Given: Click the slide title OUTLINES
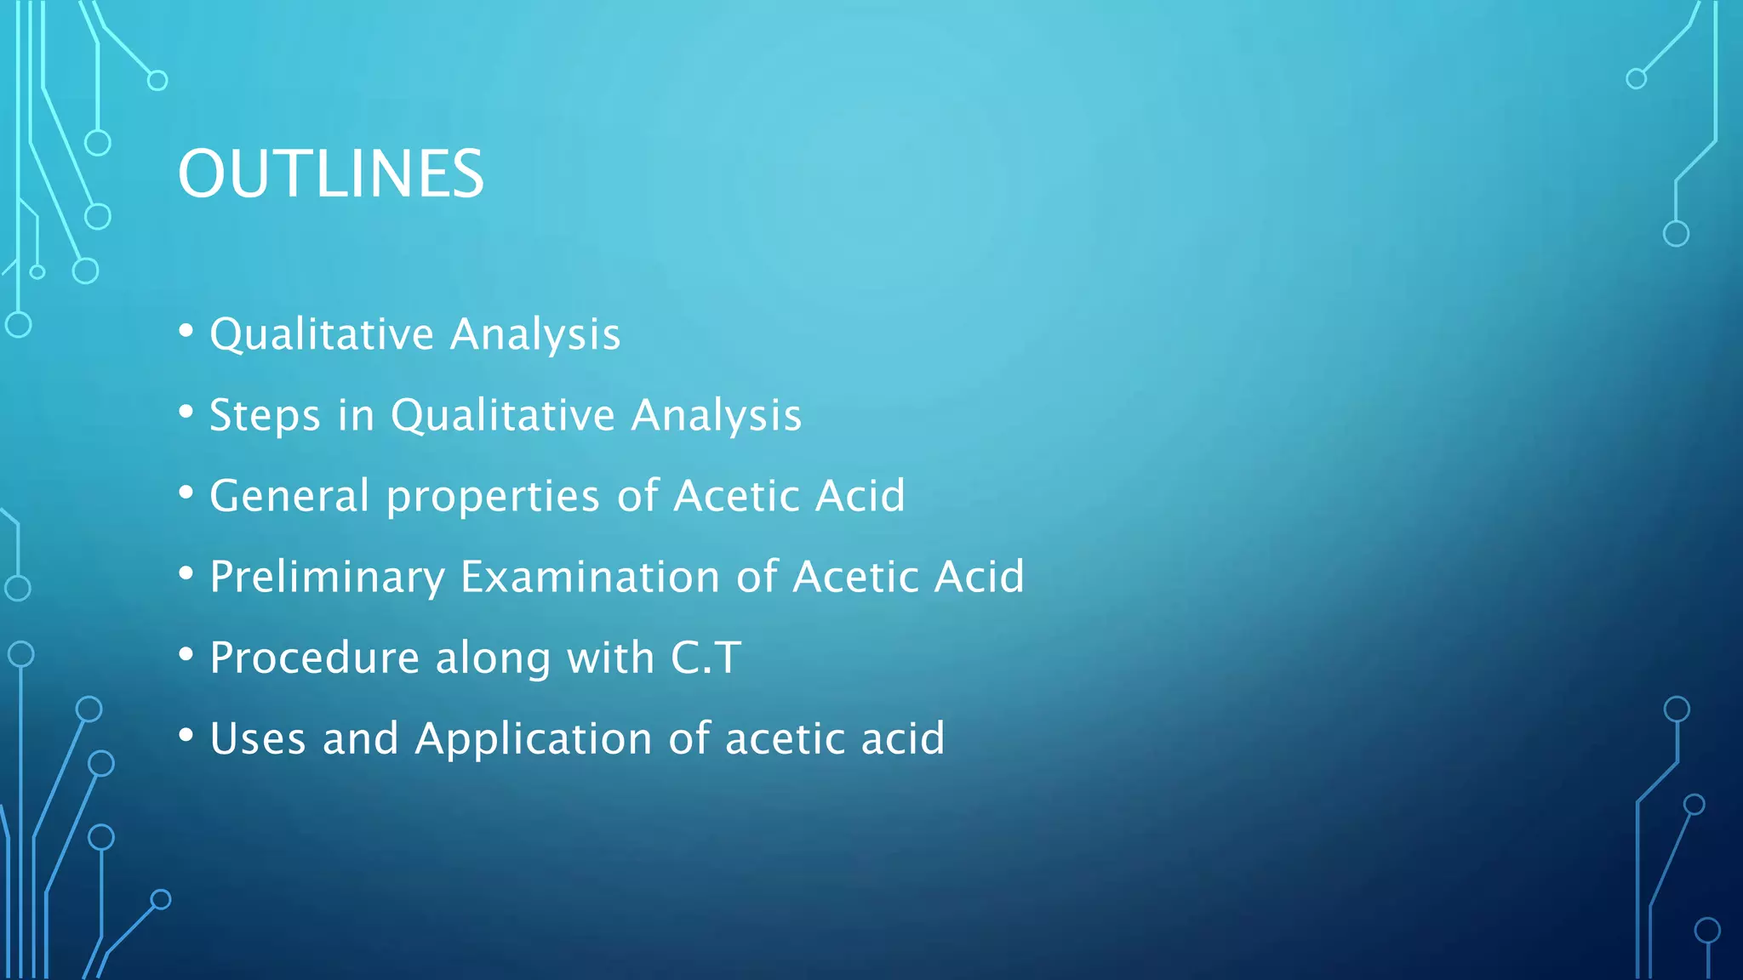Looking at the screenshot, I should click(x=330, y=174).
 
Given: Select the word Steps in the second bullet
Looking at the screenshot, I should click(x=265, y=416).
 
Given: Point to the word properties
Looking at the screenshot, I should click(x=493, y=497).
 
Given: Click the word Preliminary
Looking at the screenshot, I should click(x=327, y=578).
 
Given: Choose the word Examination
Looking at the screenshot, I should click(x=591, y=577).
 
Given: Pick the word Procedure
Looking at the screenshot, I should click(x=314, y=658).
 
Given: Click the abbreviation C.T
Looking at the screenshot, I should click(x=706, y=658).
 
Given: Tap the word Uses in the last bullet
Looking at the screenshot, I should click(x=257, y=738).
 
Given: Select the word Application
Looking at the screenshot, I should click(x=533, y=739).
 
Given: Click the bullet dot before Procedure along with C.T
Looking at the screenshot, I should click(x=186, y=654).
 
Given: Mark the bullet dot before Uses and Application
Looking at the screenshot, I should click(x=186, y=735).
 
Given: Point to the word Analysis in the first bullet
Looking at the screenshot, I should click(x=535, y=334).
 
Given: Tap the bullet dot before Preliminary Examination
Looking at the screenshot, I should click(x=186, y=573).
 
